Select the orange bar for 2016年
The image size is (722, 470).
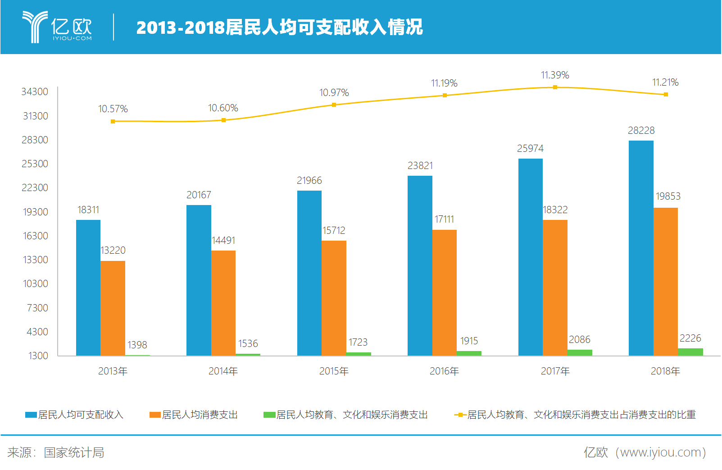pos(445,292)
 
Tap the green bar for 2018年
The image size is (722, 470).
pos(690,351)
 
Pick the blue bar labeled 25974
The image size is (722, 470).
pos(531,257)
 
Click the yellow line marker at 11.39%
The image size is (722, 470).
pos(555,87)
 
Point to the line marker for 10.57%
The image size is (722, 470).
pos(113,121)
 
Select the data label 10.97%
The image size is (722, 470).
pos(334,93)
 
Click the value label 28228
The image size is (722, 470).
pos(641,131)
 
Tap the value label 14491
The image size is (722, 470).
pos(223,241)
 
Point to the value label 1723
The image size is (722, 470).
pos(358,342)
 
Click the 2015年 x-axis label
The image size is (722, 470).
pos(334,371)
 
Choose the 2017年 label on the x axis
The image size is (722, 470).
pos(555,371)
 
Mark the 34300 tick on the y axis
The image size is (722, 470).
pos(35,92)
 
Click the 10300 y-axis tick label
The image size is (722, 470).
pos(36,284)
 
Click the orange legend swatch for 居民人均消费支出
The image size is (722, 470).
pos(155,415)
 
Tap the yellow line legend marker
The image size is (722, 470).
pos(460,415)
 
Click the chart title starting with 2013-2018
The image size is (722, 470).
pos(279,27)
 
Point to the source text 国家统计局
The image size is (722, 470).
pos(74,452)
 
